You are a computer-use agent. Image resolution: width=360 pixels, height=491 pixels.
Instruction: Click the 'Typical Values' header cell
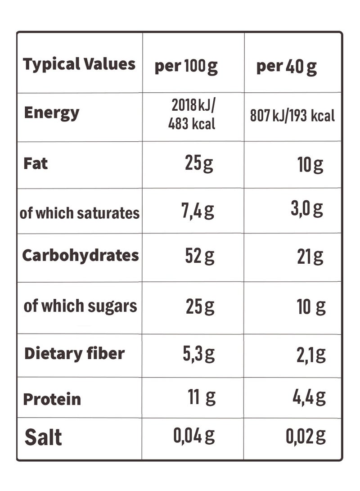[x=79, y=64]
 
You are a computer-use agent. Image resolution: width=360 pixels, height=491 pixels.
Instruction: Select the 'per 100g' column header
[x=186, y=67]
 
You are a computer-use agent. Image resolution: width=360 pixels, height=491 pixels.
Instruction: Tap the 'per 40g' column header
[x=287, y=67]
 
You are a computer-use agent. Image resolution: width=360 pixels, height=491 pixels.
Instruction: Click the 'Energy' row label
[x=51, y=113]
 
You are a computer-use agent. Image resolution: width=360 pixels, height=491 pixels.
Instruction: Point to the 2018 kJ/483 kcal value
[x=192, y=115]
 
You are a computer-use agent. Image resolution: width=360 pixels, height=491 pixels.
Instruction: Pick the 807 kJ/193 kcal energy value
[x=292, y=116]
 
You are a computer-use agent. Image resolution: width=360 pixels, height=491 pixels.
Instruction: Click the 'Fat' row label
[x=36, y=163]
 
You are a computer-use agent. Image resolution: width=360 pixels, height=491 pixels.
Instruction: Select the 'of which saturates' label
[x=80, y=212]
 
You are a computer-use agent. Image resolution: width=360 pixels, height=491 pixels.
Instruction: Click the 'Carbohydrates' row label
[x=81, y=255]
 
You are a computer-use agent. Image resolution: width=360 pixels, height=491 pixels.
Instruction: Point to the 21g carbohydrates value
[x=310, y=257]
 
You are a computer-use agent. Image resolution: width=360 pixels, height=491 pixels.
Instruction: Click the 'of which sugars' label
[x=80, y=306]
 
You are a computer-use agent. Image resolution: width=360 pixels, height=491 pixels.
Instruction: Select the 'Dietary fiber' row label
[x=74, y=353]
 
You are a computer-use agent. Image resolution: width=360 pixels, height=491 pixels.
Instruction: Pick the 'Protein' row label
[x=52, y=399]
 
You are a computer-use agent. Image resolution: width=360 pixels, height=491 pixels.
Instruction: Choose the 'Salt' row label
[x=43, y=437]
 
